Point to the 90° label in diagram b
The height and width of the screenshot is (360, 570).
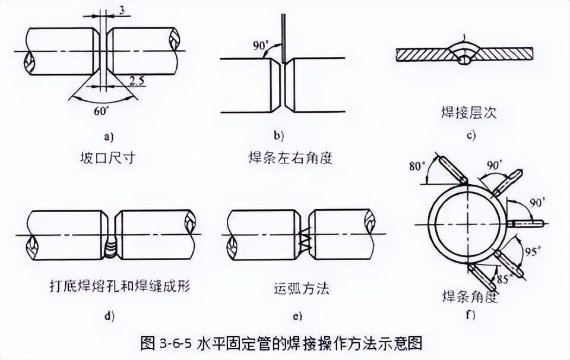pyautogui.click(x=259, y=45)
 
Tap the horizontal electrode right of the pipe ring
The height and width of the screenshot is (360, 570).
pyautogui.click(x=526, y=223)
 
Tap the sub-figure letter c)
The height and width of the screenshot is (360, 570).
pyautogui.click(x=471, y=135)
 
